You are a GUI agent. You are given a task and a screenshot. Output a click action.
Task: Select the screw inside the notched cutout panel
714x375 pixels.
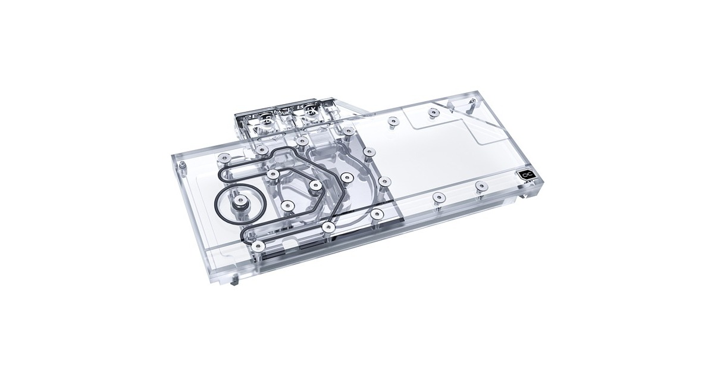click(x=430, y=112)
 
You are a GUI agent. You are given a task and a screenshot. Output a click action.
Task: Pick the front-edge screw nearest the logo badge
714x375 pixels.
click(x=479, y=185)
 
